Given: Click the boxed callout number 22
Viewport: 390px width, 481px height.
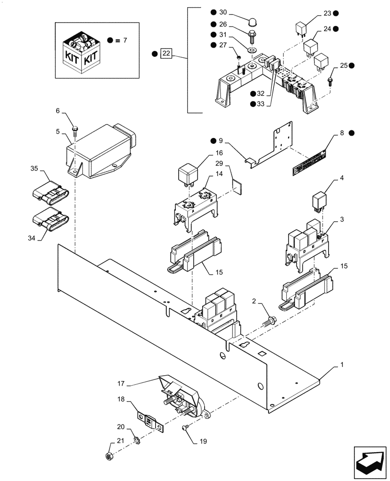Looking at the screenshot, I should point(166,53).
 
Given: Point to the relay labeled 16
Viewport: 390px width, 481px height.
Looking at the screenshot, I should point(187,175).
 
